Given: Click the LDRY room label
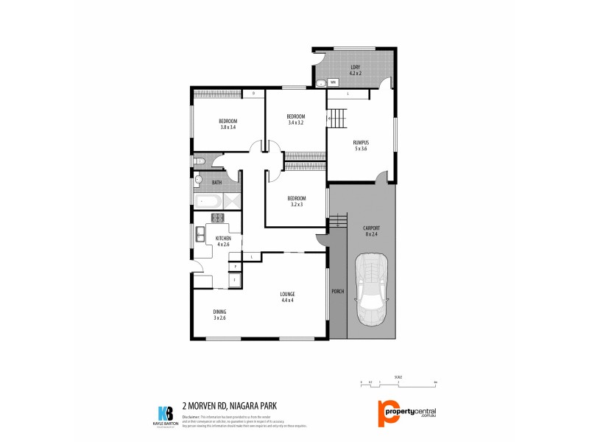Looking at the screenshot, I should pyautogui.click(x=356, y=68).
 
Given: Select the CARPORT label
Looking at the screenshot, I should pyautogui.click(x=371, y=228).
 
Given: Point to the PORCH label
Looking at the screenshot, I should pyautogui.click(x=338, y=291).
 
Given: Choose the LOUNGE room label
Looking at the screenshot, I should pyautogui.click(x=287, y=294).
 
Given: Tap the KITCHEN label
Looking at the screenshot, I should pyautogui.click(x=223, y=238).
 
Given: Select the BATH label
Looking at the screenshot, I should pyautogui.click(x=216, y=182).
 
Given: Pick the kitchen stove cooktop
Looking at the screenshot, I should pyautogui.click(x=218, y=217).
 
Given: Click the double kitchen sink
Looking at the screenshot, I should pyautogui.click(x=200, y=236).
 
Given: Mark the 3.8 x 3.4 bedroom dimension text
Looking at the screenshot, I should pyautogui.click(x=228, y=127).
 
